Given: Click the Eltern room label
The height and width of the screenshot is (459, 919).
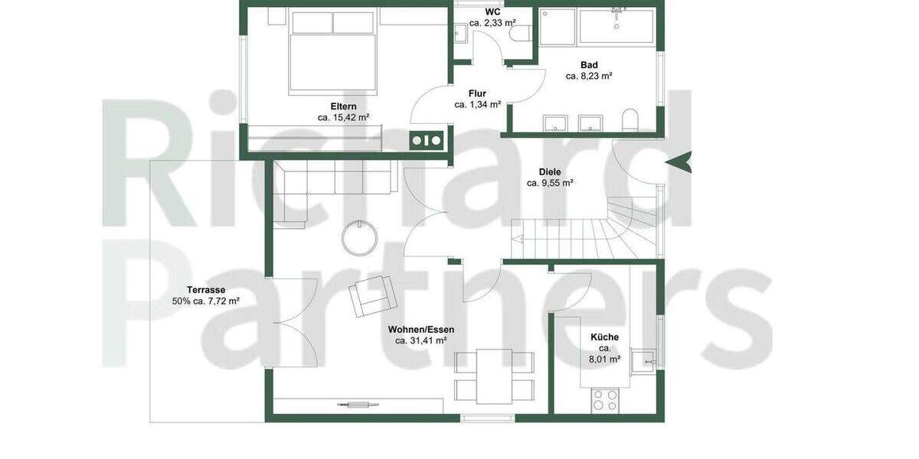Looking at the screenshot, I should click(x=343, y=106).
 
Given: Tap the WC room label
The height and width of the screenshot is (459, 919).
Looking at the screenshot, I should click(x=492, y=12).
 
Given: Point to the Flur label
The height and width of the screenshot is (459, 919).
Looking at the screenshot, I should click(x=477, y=93).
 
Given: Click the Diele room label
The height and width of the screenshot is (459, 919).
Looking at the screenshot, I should click(x=550, y=171).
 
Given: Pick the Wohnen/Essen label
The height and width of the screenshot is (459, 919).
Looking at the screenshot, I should click(x=420, y=329).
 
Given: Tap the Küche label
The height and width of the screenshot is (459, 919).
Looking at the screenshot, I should click(x=604, y=337).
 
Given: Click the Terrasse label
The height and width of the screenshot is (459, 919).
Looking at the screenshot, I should click(x=205, y=290).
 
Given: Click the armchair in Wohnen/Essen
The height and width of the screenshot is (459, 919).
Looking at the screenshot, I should click(x=372, y=296).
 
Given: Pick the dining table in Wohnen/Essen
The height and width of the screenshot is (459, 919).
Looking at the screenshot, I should click(x=494, y=376).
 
